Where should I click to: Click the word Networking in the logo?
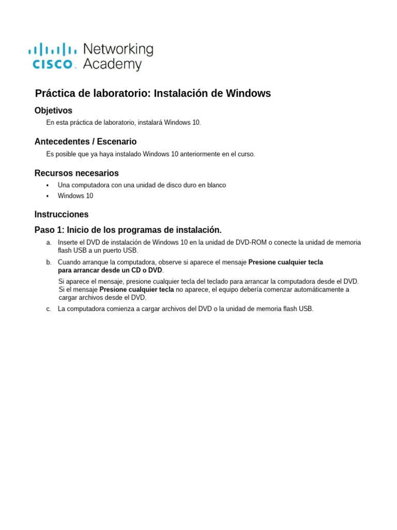click(118, 50)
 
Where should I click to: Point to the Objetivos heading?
click(53, 111)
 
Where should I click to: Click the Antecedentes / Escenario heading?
click(85, 142)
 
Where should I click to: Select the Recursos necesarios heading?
click(77, 173)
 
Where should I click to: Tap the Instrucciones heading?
click(62, 214)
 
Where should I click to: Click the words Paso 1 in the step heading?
click(48, 230)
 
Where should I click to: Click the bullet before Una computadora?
click(48, 185)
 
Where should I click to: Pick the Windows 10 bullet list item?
click(75, 196)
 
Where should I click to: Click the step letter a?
click(49, 243)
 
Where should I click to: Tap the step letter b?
click(49, 262)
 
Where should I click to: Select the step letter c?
click(49, 309)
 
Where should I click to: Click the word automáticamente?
click(309, 290)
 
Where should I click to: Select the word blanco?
click(217, 185)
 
